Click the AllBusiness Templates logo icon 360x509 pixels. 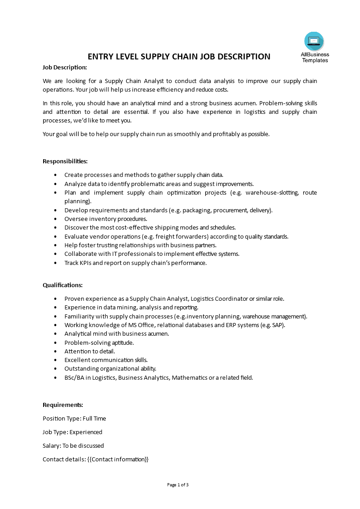tap(314, 41)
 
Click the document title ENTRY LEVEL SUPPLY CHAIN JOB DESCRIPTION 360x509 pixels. tap(179, 57)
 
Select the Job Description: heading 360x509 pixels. tap(64, 68)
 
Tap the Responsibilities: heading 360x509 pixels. tap(65, 161)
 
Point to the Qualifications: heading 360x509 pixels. tap(63, 285)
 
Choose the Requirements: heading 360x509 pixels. tap(63, 405)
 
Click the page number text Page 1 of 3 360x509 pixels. tap(178, 485)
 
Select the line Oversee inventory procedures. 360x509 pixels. tap(106, 219)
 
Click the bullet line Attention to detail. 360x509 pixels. tap(89, 351)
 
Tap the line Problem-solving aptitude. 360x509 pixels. tap(99, 343)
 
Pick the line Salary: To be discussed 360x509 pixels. tap(73, 445)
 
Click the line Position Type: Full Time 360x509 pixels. tap(74, 418)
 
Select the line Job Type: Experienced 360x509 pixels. tap(72, 432)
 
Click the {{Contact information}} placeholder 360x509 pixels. tap(118, 459)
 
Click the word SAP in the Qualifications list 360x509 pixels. tap(278, 325)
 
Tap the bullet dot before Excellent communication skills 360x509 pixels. tap(55, 360)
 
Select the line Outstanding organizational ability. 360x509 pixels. tap(110, 369)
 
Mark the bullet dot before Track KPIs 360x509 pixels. tap(55, 263)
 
